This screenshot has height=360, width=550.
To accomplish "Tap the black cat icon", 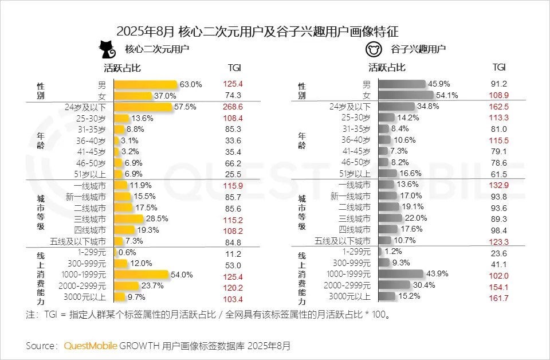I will pyautogui.click(x=107, y=49).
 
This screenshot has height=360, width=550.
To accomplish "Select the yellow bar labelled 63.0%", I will pyautogui.click(x=146, y=84).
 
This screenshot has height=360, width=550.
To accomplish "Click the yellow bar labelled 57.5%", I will pyautogui.click(x=143, y=107).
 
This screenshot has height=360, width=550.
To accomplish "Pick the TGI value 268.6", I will pyautogui.click(x=234, y=107).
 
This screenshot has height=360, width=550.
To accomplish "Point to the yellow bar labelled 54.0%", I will pyautogui.click(x=142, y=275).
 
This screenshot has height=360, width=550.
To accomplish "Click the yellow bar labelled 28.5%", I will pyautogui.click(x=129, y=219).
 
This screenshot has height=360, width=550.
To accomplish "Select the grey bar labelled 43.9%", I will pyautogui.click(x=401, y=274).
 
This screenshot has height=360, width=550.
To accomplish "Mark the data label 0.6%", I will pyautogui.click(x=128, y=252).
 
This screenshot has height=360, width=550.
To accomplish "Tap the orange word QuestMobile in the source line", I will pyautogui.click(x=91, y=346).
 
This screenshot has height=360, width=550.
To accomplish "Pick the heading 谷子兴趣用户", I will pyautogui.click(x=418, y=49).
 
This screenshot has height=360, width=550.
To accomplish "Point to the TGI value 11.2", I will pyautogui.click(x=234, y=253).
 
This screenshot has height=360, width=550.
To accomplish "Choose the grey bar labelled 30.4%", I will pyautogui.click(x=395, y=285).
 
